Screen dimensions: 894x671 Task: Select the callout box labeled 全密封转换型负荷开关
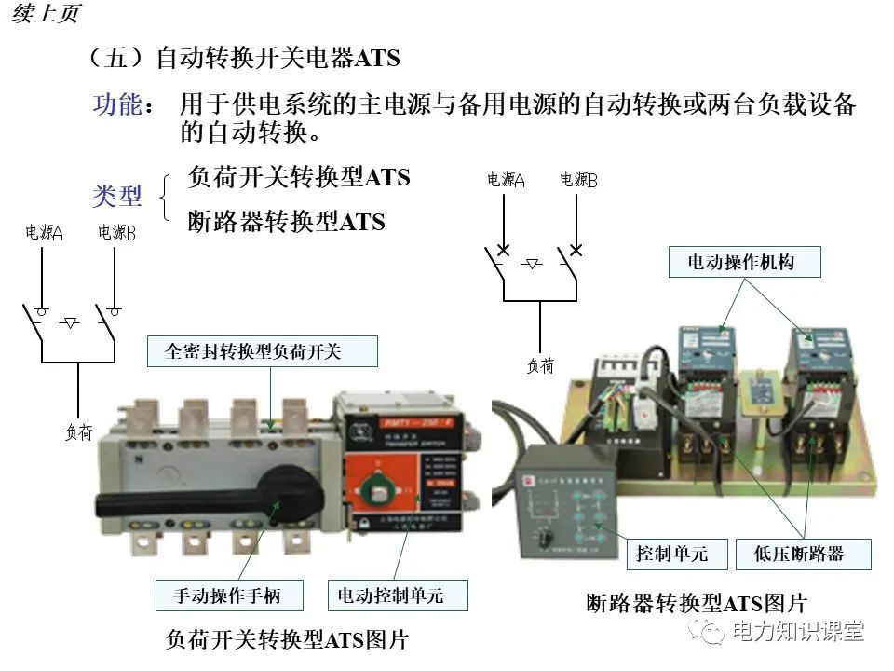264,351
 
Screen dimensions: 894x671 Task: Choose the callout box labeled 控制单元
671,554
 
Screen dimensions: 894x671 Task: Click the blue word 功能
117,104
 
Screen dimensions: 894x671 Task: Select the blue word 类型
117,196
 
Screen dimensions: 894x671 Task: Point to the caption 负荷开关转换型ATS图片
286,639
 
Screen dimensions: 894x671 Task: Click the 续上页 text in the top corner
45,13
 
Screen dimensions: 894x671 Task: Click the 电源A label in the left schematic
44,233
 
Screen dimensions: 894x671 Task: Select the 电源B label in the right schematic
578,180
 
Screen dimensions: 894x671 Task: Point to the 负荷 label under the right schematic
540,366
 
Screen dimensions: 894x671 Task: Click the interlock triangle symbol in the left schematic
70,322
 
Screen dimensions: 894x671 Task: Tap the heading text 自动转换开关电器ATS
278,59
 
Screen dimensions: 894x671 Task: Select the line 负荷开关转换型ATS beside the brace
298,177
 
